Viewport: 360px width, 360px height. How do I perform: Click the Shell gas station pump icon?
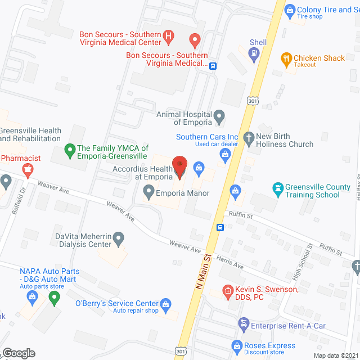tap(254, 53)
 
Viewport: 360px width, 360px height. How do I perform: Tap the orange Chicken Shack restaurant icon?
tap(286, 58)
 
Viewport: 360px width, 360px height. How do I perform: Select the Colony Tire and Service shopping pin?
tap(290, 10)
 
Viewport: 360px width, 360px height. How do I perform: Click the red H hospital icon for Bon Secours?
tap(168, 38)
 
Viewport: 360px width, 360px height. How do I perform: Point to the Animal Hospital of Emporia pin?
tap(220, 118)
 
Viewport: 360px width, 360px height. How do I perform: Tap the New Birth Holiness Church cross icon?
tap(248, 137)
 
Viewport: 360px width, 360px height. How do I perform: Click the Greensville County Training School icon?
tap(277, 187)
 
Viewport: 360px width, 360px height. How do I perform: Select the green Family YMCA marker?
tap(70, 150)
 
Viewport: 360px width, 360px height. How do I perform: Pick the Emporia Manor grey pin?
tap(148, 193)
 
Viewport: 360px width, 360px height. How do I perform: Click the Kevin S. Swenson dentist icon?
tap(227, 290)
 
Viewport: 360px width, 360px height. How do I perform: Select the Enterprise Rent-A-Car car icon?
tap(243, 323)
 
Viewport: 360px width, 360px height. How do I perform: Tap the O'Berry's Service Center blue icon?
tap(165, 304)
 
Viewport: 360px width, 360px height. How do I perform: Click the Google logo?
tap(18, 353)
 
